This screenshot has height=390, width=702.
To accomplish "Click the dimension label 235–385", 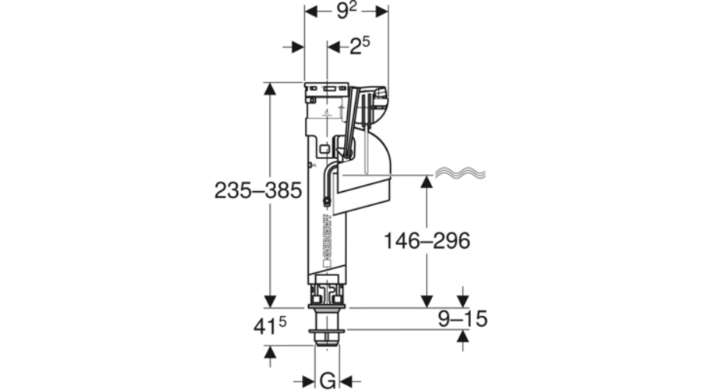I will (x=257, y=190).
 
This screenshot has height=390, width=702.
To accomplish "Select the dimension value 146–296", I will (x=427, y=241).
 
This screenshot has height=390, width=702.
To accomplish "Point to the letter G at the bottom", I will (x=328, y=380).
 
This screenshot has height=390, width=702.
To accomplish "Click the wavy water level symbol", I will (x=459, y=172).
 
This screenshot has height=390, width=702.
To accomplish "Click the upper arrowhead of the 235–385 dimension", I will (x=270, y=87).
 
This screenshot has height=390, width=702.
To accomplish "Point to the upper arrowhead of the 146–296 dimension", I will (x=427, y=181).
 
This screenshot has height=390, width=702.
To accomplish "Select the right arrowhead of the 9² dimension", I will (x=382, y=12).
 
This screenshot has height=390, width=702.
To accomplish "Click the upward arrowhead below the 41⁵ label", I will (x=270, y=353).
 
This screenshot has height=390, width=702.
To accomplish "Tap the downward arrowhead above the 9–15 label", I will (x=462, y=301).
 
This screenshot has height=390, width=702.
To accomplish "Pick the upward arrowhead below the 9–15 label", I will (x=462, y=335).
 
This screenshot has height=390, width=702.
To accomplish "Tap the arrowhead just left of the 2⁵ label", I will (x=334, y=48).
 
